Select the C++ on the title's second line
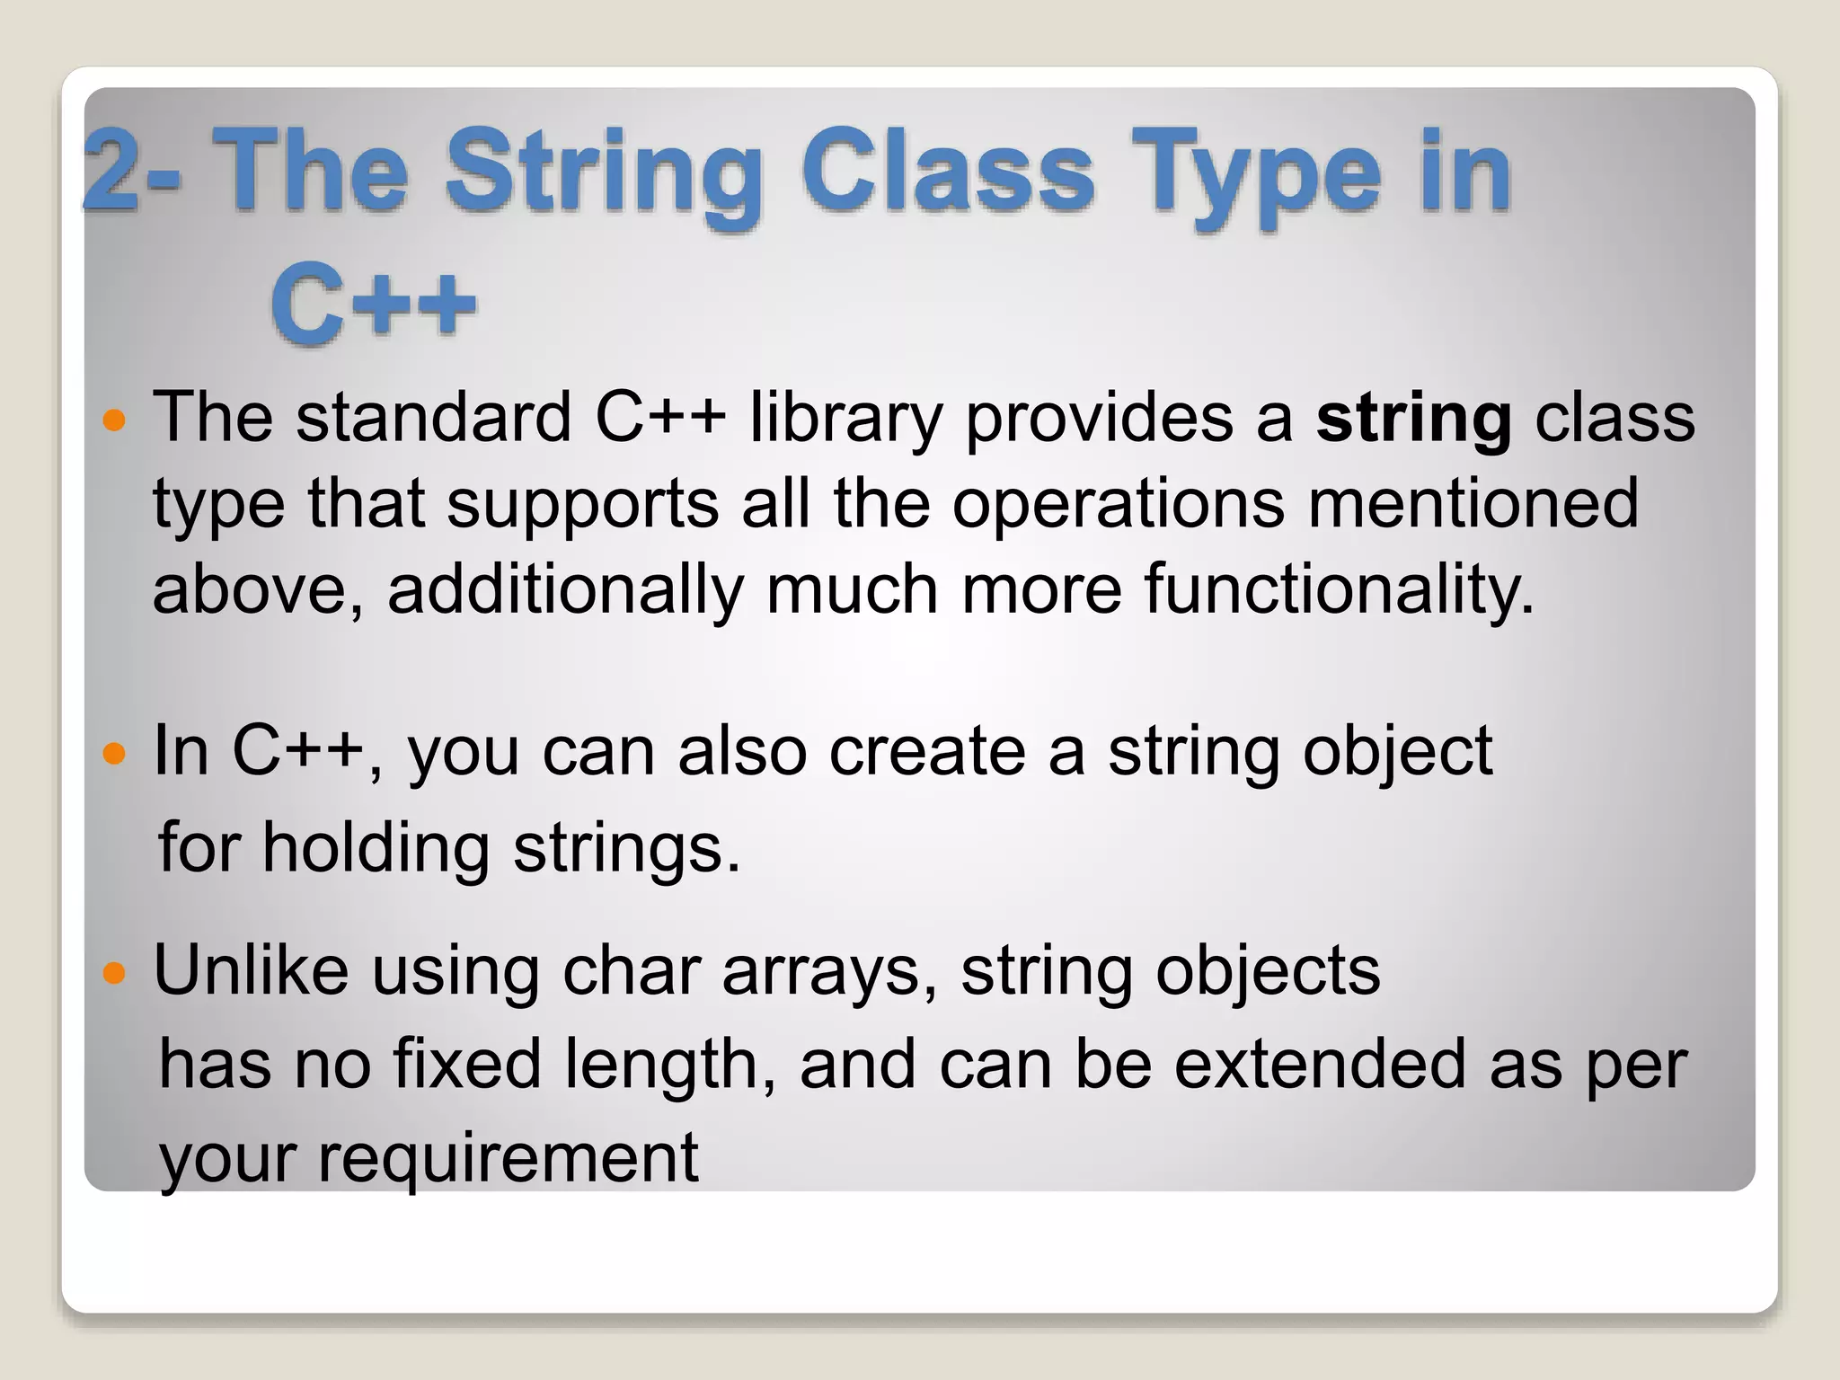click(373, 303)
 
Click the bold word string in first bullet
click(1414, 419)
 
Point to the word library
click(846, 419)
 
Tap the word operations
click(1119, 503)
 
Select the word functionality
click(1339, 589)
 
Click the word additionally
click(565, 589)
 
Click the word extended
click(1320, 1065)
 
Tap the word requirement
click(508, 1158)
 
